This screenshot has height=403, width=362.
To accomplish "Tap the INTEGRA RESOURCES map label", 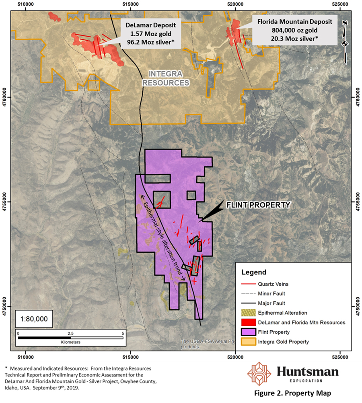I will tap(169, 78).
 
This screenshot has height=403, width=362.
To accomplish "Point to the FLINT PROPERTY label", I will tap(258, 205).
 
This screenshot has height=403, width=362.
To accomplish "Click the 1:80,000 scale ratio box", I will tap(34, 319).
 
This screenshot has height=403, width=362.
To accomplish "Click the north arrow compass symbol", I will tap(345, 41).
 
